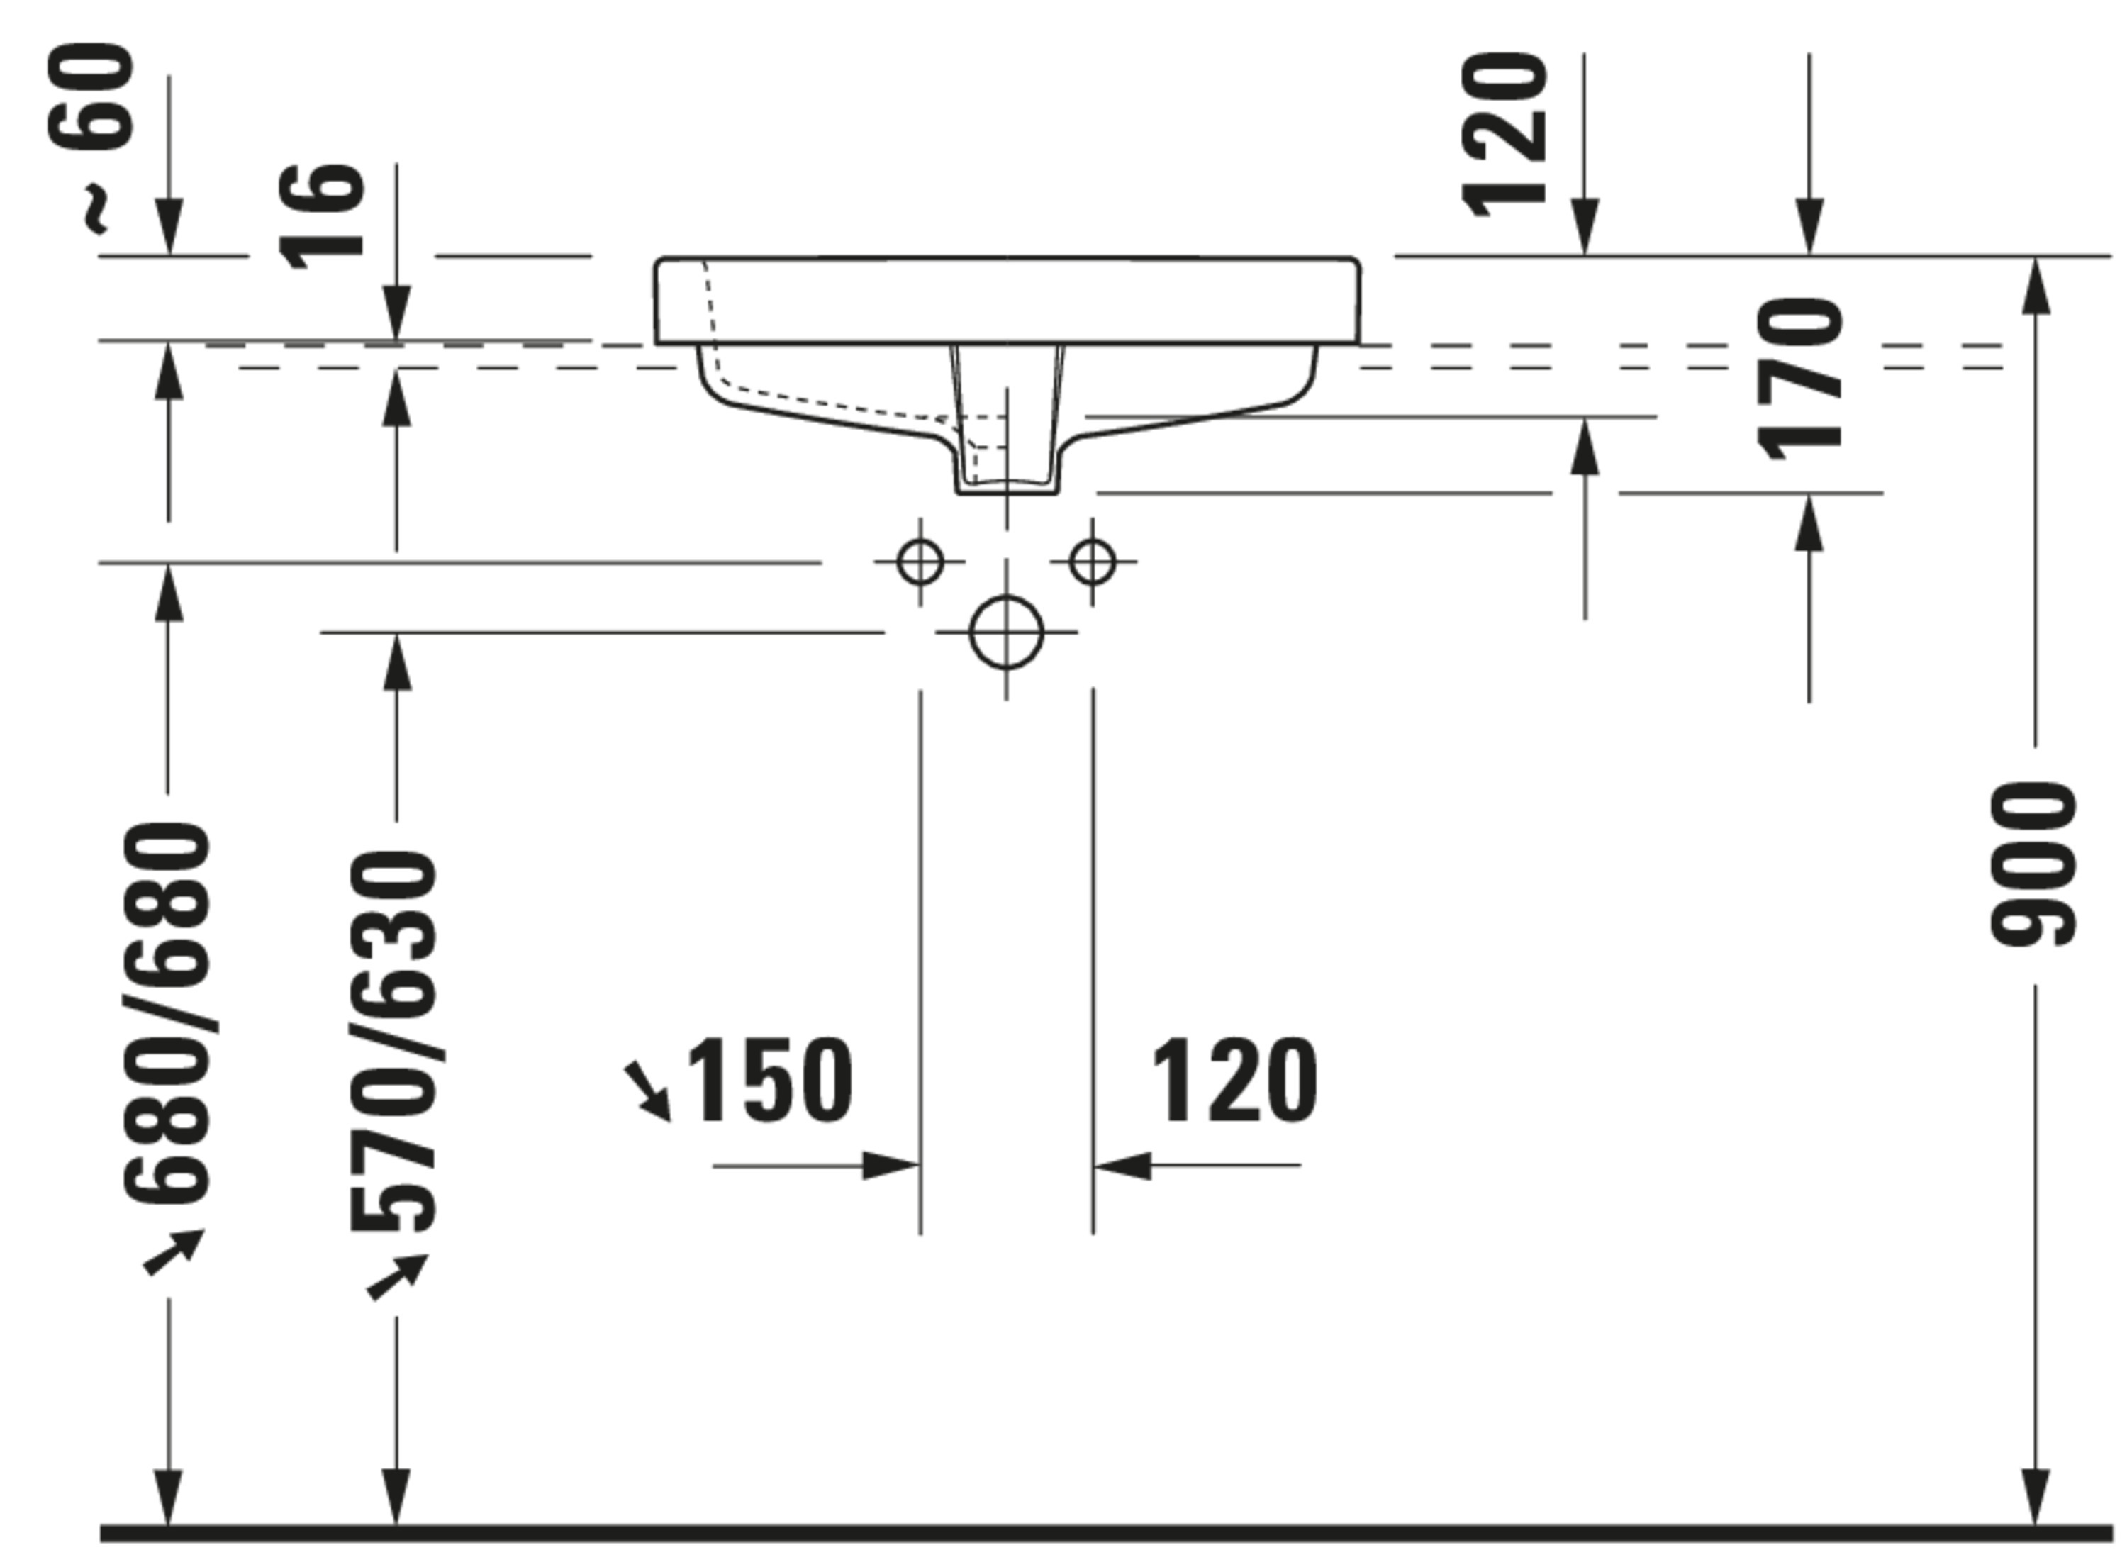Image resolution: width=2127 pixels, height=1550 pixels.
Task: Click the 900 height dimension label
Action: (2034, 865)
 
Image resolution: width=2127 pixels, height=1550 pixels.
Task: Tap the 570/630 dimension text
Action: (394, 1042)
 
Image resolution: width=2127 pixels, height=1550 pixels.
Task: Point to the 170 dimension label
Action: (1799, 380)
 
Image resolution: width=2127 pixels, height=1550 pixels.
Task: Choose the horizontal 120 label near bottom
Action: (1233, 1081)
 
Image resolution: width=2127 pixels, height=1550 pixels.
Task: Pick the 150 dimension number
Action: (769, 1081)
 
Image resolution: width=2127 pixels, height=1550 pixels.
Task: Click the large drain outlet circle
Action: (1006, 632)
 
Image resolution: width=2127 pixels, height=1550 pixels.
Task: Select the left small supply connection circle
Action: (920, 562)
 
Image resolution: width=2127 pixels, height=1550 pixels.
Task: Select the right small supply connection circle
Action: (1092, 562)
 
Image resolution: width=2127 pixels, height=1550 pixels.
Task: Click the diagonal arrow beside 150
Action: (649, 1091)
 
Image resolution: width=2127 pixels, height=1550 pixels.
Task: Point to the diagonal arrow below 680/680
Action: (174, 1253)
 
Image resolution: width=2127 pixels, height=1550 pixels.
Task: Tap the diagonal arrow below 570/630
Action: (398, 1277)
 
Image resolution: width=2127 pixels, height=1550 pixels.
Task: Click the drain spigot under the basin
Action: (1007, 441)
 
